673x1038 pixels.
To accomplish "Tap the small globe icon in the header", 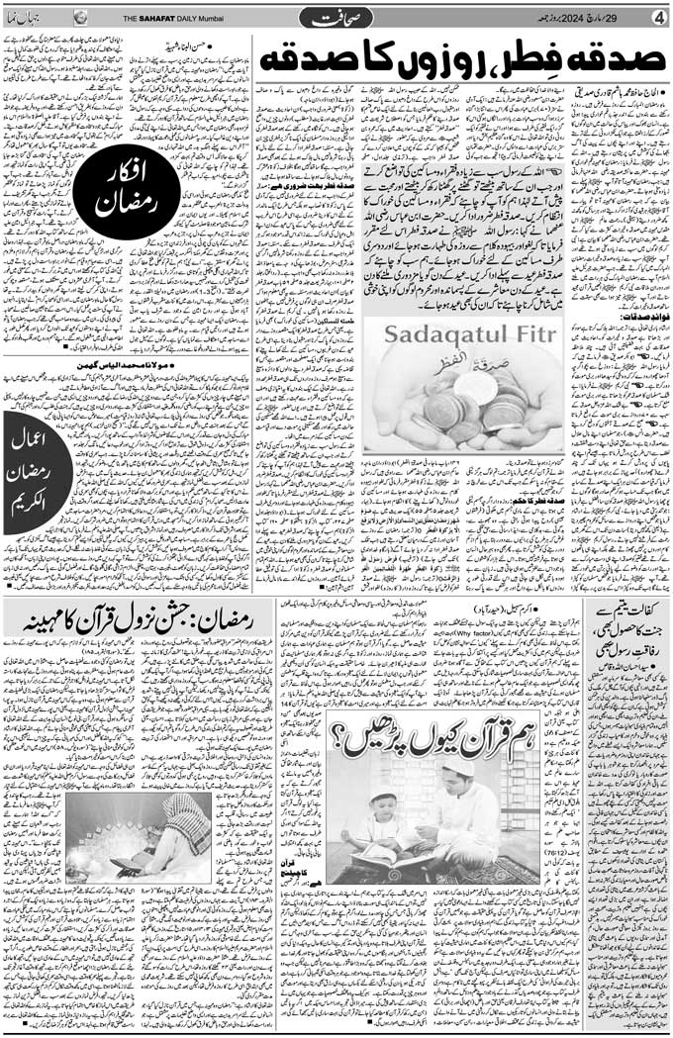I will coord(80,17).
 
